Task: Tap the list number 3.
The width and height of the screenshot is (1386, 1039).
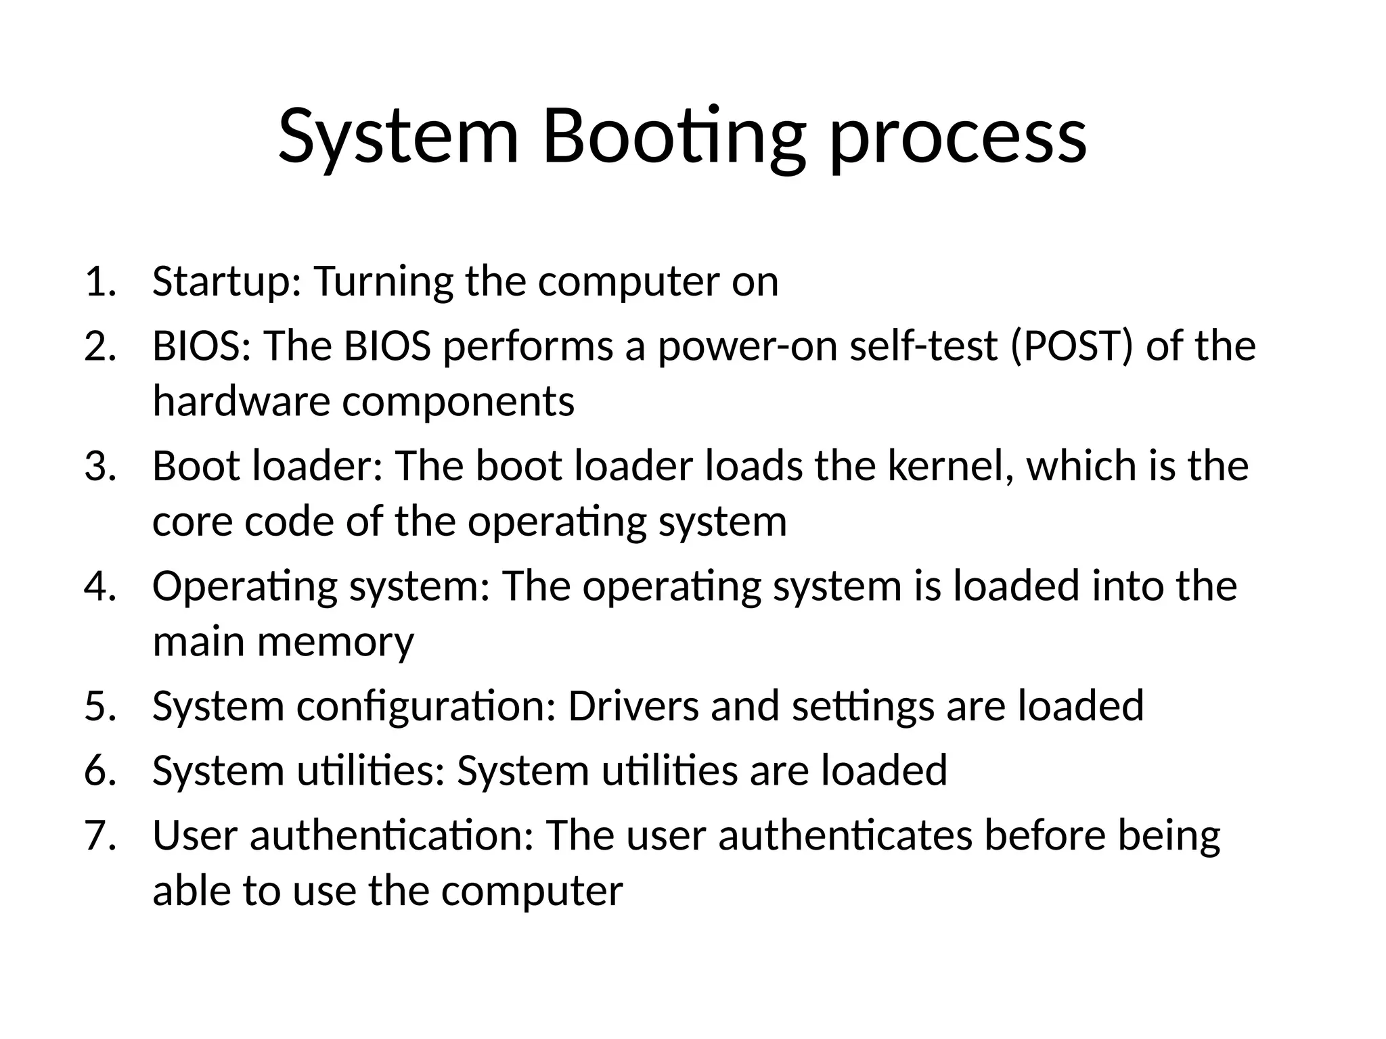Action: point(100,466)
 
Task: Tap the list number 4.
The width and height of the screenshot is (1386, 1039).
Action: point(100,586)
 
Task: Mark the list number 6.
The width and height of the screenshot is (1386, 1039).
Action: point(100,770)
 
